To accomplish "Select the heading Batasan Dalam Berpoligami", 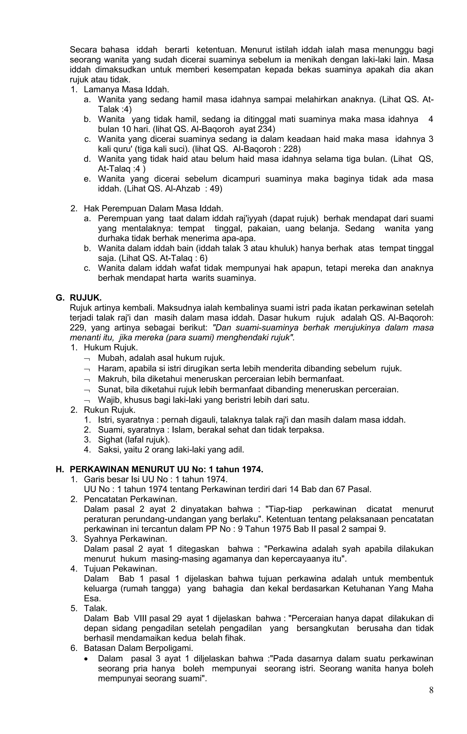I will click(x=138, y=648).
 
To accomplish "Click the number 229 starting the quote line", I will click(x=78, y=328).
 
